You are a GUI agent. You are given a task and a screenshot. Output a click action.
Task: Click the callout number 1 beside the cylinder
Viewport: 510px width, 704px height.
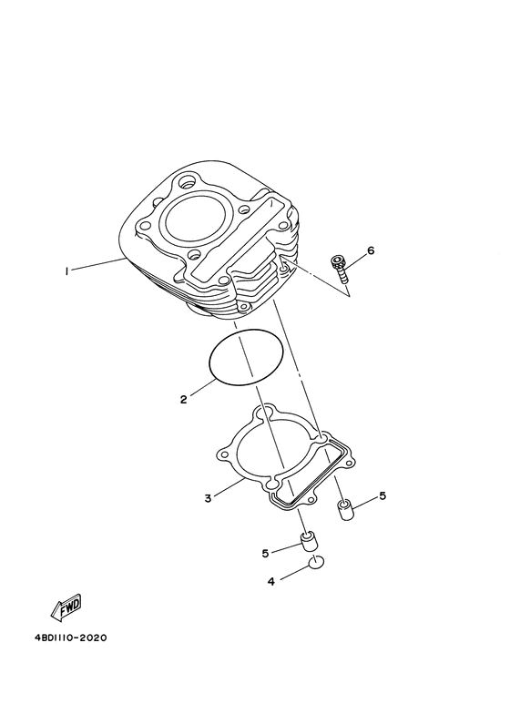[x=66, y=270]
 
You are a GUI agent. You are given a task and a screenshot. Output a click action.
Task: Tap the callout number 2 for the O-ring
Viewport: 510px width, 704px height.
[x=183, y=399]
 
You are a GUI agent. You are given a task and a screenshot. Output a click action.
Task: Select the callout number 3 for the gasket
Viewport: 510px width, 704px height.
[x=208, y=498]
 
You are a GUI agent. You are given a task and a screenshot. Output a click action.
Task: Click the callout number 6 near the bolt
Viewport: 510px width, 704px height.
[x=371, y=250]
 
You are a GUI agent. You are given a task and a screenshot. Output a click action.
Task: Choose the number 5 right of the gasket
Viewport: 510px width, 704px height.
[x=382, y=495]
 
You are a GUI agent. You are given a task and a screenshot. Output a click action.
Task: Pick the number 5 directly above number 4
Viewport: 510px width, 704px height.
[x=266, y=552]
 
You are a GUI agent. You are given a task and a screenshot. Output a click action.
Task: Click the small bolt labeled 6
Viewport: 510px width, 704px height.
[x=341, y=269]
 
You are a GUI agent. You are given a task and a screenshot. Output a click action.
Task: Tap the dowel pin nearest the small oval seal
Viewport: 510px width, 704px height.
[x=309, y=544]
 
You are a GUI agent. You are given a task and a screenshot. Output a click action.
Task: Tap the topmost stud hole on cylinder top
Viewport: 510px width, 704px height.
[x=190, y=180]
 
